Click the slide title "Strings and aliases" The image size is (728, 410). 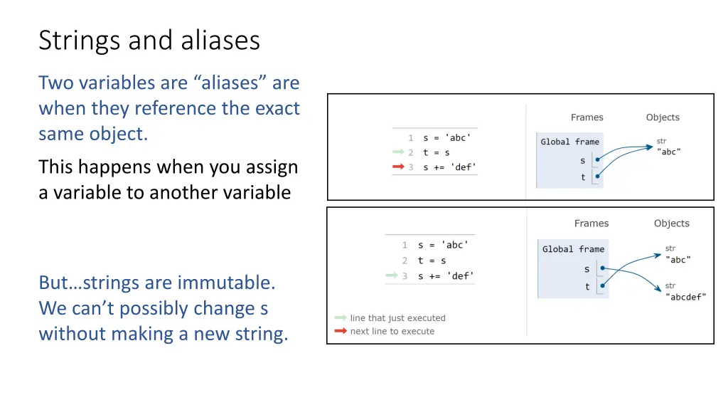[149, 41]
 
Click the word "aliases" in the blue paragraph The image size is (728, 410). [230, 83]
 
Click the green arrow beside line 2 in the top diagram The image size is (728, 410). [398, 152]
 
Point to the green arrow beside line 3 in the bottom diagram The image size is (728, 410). [392, 275]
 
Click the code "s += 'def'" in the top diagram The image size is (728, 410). [449, 167]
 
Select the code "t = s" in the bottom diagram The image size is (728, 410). [432, 261]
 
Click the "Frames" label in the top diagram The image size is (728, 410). [587, 117]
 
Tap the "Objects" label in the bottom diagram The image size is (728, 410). [671, 224]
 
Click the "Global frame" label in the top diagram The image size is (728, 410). [569, 142]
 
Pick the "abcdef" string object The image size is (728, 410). [685, 297]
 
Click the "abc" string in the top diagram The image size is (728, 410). [668, 152]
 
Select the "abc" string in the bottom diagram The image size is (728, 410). [678, 260]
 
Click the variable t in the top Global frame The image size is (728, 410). [583, 177]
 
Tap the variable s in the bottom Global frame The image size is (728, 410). [587, 269]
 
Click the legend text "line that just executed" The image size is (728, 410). [397, 318]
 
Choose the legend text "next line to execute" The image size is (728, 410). [392, 331]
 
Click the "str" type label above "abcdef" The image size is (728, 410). [670, 285]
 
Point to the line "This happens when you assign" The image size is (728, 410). [168, 167]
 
